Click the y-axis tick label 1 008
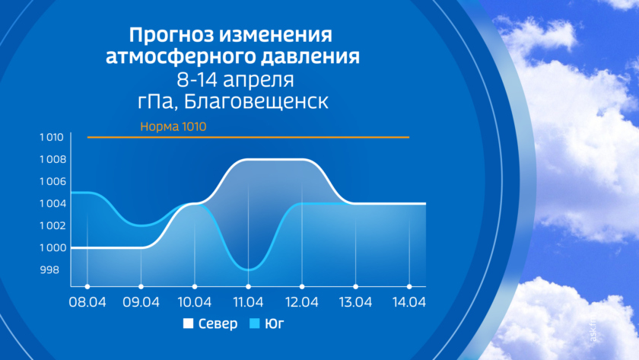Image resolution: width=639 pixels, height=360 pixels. click(52, 159)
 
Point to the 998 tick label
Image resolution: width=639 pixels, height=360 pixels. click(49, 270)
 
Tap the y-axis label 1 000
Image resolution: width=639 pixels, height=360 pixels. click(52, 248)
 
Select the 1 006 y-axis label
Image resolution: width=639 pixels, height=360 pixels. click(52, 181)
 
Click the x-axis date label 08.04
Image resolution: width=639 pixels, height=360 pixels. click(87, 302)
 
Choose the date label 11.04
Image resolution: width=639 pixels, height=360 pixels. click(248, 302)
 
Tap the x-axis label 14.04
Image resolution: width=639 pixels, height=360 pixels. click(409, 302)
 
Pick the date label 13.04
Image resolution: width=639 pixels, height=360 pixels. click(355, 302)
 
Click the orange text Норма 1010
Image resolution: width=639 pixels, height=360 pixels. click(173, 127)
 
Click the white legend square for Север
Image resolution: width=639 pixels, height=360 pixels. click(188, 323)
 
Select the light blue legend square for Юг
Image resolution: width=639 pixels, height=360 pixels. click(254, 323)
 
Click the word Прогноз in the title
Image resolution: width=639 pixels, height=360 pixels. click(172, 35)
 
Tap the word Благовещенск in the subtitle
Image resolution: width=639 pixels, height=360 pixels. click(256, 101)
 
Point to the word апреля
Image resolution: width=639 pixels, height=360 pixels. click(259, 79)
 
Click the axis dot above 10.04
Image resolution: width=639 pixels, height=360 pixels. click(195, 287)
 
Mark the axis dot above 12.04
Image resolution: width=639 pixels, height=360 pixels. click(302, 287)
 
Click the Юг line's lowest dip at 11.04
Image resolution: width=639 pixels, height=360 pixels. click(248, 269)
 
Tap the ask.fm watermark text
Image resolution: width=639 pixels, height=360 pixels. click(593, 328)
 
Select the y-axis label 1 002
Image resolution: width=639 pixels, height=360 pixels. click(52, 226)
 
